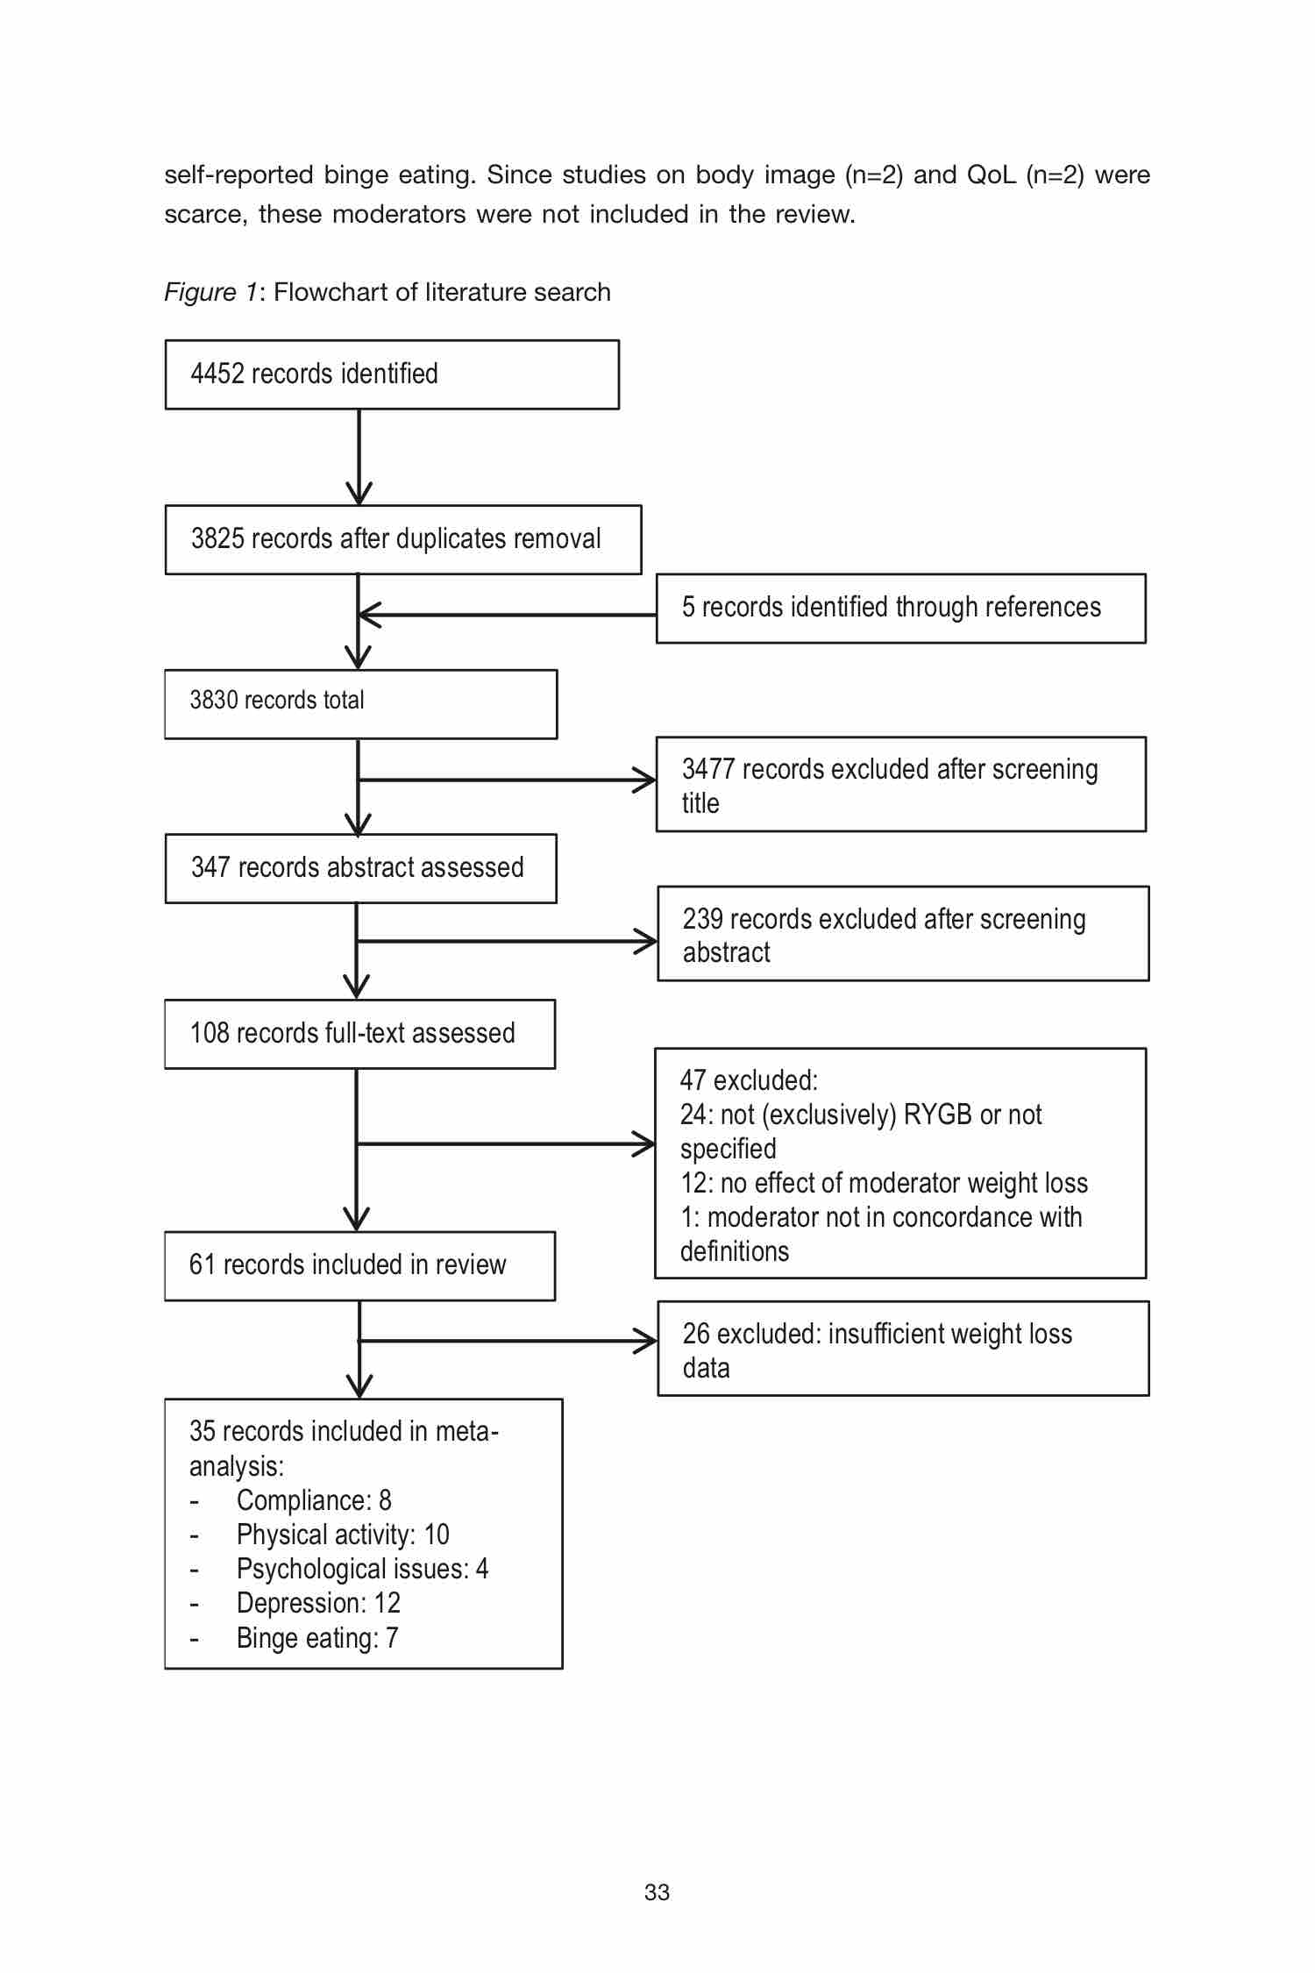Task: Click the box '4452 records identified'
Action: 392,374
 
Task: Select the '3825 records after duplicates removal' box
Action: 403,539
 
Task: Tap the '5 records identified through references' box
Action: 901,609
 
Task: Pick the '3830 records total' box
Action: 360,704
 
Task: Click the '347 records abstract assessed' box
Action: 360,868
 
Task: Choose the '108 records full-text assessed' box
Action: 359,1034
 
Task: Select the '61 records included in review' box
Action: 359,1265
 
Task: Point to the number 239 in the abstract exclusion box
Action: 702,919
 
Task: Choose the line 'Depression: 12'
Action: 318,1603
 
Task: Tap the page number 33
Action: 657,1892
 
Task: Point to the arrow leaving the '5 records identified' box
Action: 508,616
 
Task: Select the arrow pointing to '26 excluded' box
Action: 508,1341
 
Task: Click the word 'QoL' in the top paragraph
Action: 991,175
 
